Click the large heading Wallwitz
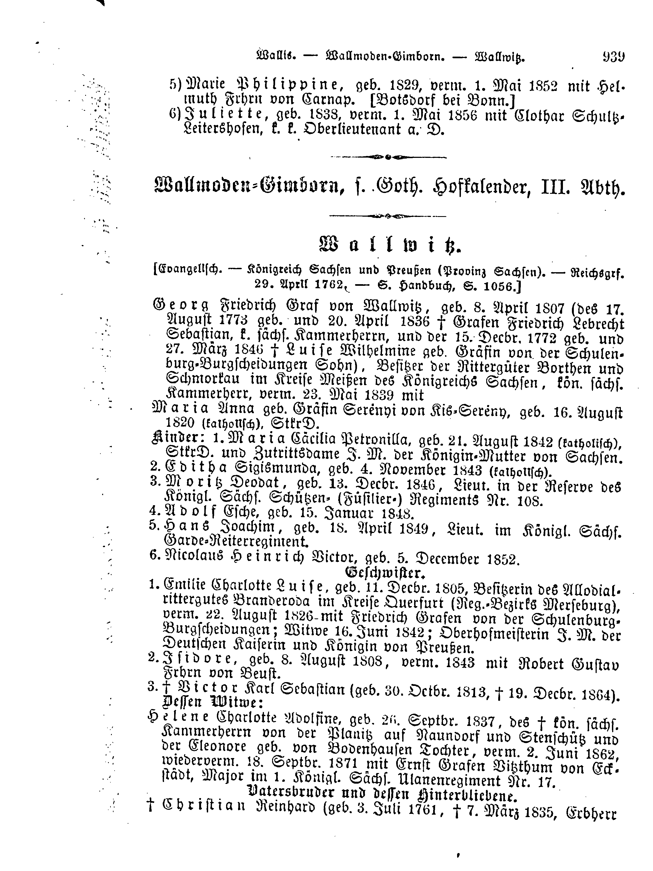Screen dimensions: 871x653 pos(389,246)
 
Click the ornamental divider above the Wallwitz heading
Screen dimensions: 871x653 pos(388,216)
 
